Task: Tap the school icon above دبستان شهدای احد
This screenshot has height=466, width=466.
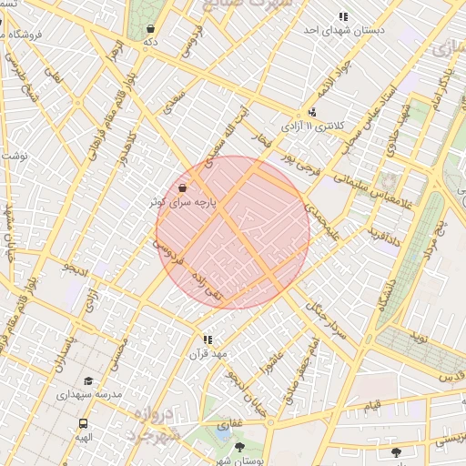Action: click(x=343, y=16)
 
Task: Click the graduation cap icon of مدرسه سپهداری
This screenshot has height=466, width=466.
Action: click(x=88, y=380)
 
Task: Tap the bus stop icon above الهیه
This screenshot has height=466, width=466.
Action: click(x=84, y=423)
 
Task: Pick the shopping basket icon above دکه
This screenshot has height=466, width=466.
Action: click(x=150, y=29)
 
